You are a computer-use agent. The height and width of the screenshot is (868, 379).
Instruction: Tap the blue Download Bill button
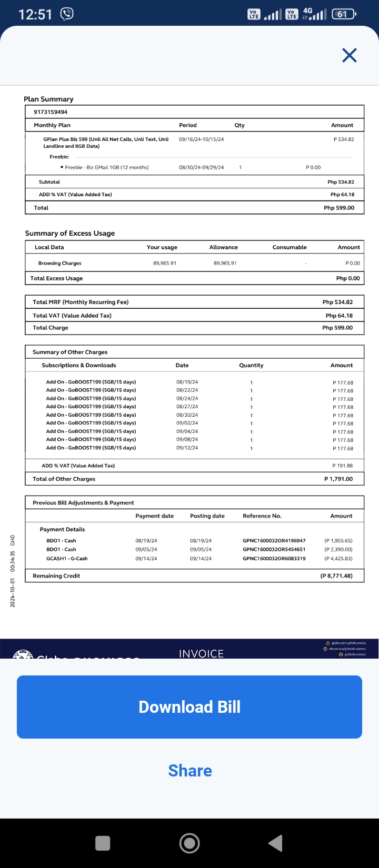(x=189, y=706)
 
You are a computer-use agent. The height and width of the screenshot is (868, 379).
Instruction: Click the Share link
(x=190, y=771)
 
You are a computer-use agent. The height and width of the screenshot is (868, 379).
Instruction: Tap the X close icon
(x=350, y=55)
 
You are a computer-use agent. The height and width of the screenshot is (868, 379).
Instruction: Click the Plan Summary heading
(x=48, y=99)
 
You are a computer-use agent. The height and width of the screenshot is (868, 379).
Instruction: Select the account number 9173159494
(x=51, y=112)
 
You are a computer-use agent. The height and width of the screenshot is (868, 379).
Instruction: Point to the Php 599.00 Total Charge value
(x=337, y=328)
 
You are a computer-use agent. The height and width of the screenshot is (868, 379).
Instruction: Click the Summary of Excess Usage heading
(x=70, y=233)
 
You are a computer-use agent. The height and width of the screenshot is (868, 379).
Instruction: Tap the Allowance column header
(x=223, y=247)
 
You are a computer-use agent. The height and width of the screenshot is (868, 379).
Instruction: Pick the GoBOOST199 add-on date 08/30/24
(x=187, y=415)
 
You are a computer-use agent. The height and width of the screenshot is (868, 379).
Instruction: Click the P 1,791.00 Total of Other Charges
(x=338, y=479)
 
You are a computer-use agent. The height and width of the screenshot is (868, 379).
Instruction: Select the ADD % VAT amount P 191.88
(x=343, y=466)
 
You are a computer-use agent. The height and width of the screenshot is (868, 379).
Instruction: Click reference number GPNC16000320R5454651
(x=274, y=549)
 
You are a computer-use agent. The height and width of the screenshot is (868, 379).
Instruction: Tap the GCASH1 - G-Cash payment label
(x=67, y=559)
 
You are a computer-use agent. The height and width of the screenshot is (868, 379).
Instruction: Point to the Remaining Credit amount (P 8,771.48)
(x=336, y=576)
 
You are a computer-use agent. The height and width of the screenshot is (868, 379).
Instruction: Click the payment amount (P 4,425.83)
(x=338, y=559)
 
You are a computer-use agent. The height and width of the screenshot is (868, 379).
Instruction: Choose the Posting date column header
(x=207, y=516)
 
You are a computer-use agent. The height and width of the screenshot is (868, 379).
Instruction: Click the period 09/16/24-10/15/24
(x=201, y=139)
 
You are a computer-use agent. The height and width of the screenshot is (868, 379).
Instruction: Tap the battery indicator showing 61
(x=343, y=14)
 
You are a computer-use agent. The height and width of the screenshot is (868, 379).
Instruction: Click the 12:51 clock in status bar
(x=35, y=14)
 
